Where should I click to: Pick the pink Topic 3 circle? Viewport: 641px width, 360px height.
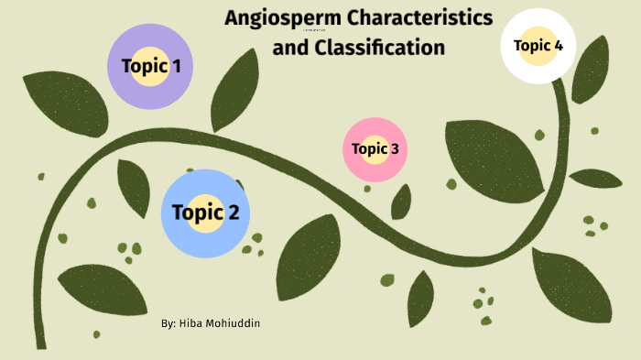[375, 148]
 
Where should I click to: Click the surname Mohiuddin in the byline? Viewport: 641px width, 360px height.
[233, 324]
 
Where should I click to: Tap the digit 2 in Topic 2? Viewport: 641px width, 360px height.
[234, 213]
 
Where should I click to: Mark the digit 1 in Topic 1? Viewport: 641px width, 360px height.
[176, 66]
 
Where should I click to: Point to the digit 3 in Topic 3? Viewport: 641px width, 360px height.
[395, 148]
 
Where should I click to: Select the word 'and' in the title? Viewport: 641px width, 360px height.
[290, 46]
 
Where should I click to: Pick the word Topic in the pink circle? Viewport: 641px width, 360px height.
[370, 148]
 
